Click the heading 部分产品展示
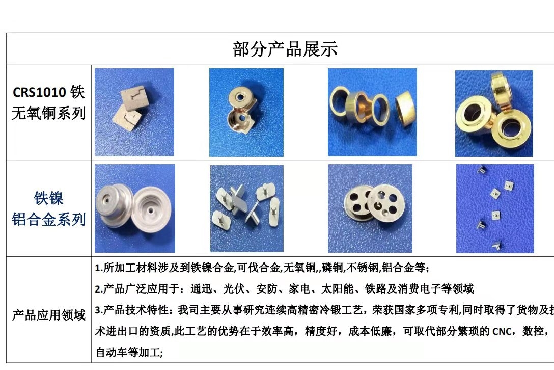(285, 49)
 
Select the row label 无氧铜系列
(48, 113)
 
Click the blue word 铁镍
(48, 198)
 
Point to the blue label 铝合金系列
(48, 219)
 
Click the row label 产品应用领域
(48, 315)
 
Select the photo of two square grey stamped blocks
(134, 112)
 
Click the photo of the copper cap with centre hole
(246, 112)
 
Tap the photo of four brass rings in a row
(372, 112)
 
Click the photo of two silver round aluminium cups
(134, 208)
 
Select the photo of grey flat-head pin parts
(247, 208)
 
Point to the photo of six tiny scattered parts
(494, 208)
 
